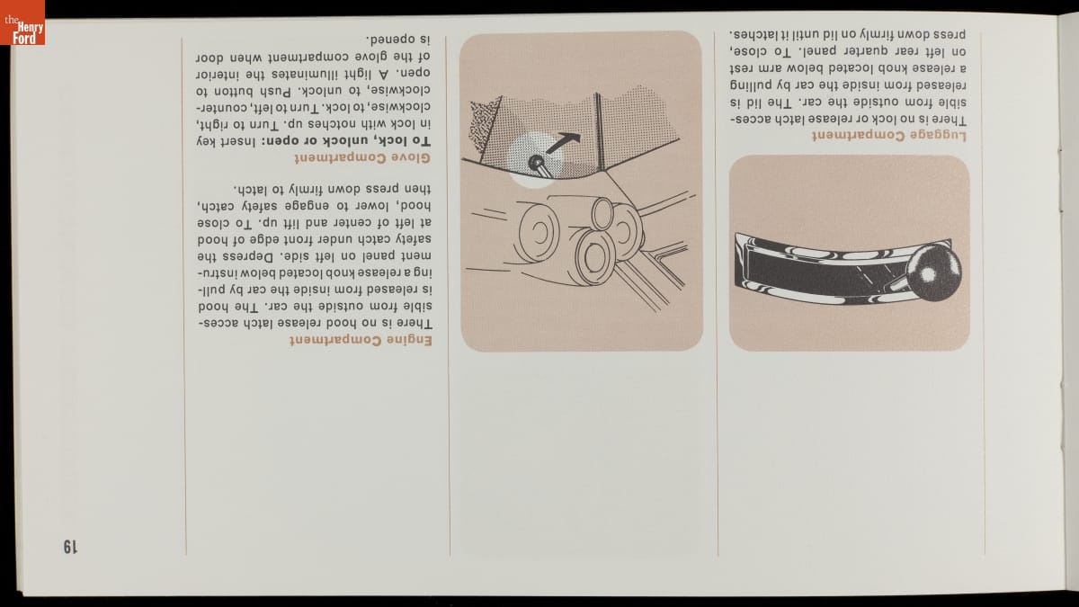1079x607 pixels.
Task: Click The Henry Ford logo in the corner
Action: click(22, 22)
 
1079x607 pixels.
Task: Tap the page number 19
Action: click(70, 547)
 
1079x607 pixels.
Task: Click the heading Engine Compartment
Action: click(361, 340)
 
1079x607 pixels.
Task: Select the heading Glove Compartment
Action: click(362, 158)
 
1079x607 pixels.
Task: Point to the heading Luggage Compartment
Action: click(889, 136)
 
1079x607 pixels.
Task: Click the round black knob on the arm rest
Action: click(932, 273)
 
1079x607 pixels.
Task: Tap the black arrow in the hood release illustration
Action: click(563, 143)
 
